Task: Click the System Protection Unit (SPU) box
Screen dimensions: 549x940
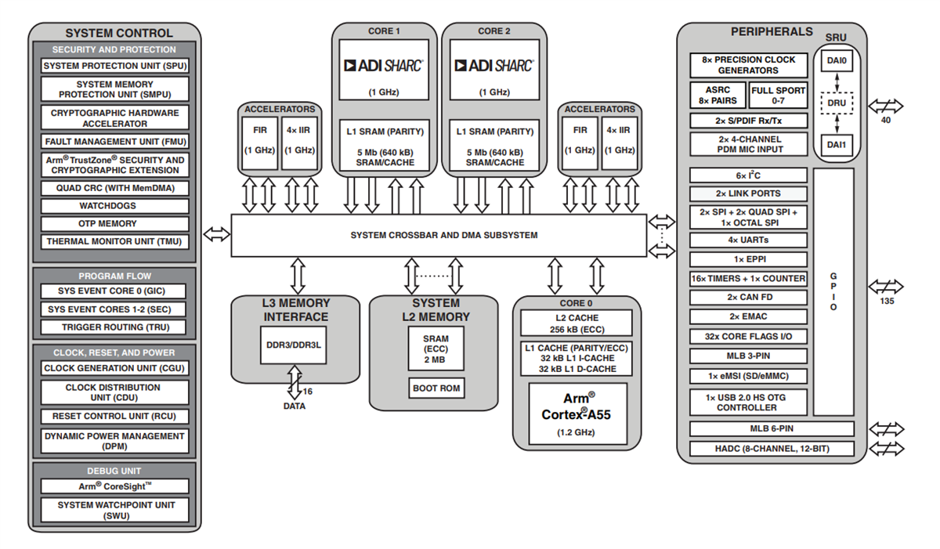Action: (115, 66)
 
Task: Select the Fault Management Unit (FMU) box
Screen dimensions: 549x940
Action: (115, 142)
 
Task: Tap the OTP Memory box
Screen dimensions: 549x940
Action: (115, 224)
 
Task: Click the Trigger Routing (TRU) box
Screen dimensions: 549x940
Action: (115, 327)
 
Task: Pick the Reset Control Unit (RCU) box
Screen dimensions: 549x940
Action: (115, 417)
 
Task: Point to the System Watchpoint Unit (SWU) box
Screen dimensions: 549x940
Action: (115, 511)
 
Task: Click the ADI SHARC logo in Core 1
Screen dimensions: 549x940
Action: (383, 65)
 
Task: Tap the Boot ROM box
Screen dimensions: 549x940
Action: (436, 388)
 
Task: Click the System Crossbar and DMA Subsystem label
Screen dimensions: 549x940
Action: (443, 235)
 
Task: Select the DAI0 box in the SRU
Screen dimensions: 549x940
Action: (837, 59)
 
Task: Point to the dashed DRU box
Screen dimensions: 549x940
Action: (837, 102)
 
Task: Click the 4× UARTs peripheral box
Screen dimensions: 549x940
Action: (748, 240)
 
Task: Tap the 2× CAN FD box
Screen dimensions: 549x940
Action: (748, 298)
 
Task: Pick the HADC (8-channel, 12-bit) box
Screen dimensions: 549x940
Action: (772, 449)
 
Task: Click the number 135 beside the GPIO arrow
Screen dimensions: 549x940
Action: (886, 302)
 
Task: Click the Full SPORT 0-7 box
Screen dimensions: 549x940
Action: (779, 96)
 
